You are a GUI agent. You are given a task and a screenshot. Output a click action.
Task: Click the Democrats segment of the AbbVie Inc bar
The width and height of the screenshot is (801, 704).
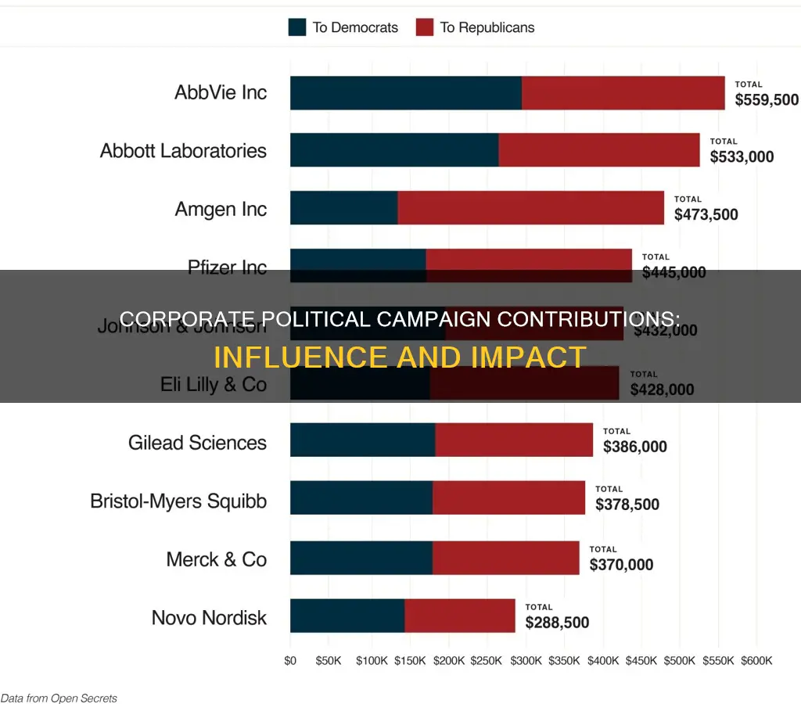click(x=405, y=93)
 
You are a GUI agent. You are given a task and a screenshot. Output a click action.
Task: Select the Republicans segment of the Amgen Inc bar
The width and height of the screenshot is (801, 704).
click(x=530, y=208)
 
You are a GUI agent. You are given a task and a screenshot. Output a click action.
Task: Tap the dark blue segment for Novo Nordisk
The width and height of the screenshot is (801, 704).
click(x=347, y=616)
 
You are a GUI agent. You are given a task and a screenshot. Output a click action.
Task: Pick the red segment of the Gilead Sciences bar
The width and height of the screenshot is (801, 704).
click(x=514, y=440)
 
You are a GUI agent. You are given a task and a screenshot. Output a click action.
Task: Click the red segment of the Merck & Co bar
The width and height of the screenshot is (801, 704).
click(x=505, y=558)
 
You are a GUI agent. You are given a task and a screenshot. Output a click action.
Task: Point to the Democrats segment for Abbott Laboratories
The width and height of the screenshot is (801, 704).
click(x=393, y=150)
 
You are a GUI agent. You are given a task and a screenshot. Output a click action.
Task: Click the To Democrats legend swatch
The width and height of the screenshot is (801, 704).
click(x=297, y=27)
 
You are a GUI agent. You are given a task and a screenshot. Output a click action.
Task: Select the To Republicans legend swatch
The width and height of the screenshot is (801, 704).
click(x=424, y=27)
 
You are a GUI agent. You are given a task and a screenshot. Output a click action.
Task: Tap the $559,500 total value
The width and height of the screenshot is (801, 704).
click(x=767, y=100)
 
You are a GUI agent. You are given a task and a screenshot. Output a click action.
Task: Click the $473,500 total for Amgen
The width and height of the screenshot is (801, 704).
click(x=706, y=214)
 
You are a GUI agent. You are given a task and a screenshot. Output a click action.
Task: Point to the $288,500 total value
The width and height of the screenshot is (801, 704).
click(x=557, y=623)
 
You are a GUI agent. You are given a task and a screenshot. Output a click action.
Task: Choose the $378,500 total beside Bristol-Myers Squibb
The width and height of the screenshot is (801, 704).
click(x=627, y=505)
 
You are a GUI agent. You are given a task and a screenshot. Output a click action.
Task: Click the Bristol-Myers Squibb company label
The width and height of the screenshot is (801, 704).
click(x=178, y=501)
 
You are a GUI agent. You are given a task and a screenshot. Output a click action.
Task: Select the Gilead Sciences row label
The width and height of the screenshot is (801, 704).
click(x=197, y=443)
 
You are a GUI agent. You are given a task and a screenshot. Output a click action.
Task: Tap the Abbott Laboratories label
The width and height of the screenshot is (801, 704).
click(x=183, y=151)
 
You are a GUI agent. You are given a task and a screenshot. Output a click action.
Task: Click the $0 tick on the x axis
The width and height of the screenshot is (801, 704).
click(x=290, y=660)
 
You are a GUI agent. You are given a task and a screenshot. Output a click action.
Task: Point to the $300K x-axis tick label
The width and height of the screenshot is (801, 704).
click(x=526, y=660)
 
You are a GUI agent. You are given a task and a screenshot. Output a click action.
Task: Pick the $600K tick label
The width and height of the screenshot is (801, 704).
click(x=757, y=660)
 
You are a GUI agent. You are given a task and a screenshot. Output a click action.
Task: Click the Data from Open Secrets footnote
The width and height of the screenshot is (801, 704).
click(x=59, y=697)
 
